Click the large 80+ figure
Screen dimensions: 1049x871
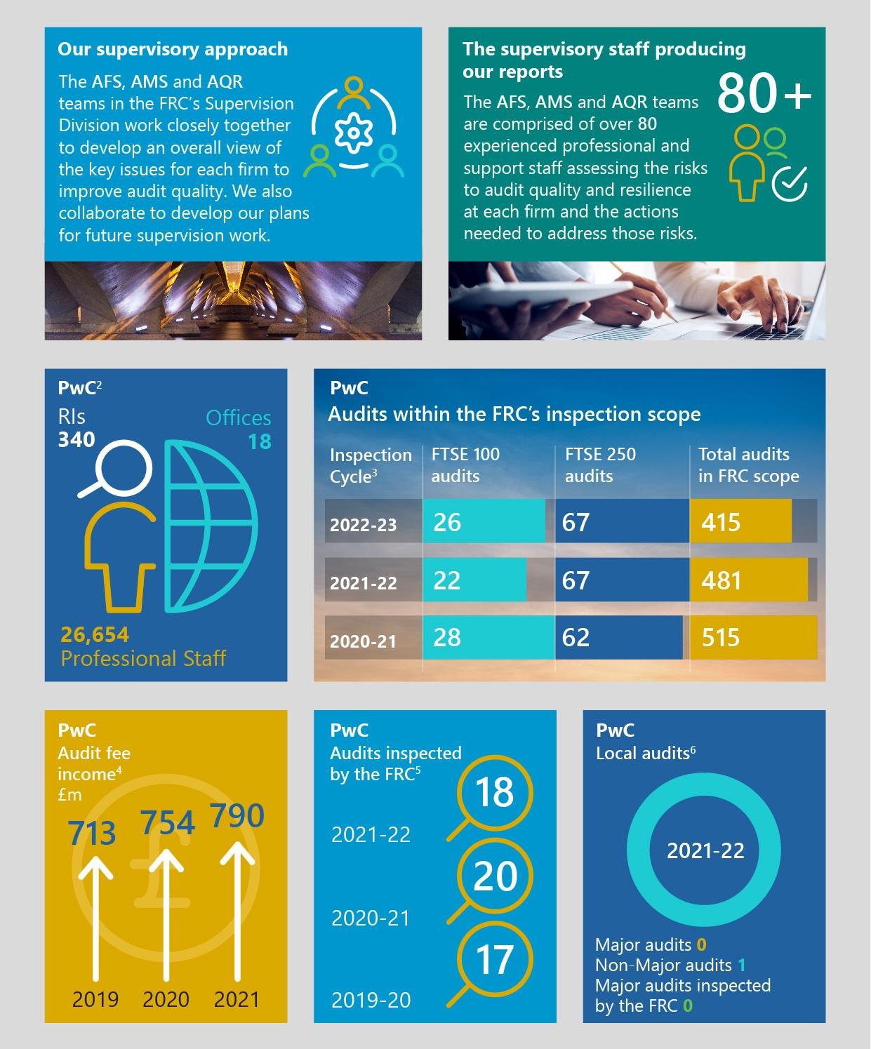point(764,93)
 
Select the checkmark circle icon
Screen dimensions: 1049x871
point(790,184)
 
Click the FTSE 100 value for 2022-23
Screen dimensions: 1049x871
point(447,522)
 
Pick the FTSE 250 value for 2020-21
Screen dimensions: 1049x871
point(576,637)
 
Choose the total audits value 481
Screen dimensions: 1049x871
point(721,580)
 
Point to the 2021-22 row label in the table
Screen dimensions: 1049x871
point(363,582)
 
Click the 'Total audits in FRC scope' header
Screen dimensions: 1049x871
point(748,465)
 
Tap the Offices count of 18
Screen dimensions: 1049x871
point(260,441)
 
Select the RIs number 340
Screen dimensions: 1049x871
point(77,440)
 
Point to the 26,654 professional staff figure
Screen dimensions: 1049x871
point(95,634)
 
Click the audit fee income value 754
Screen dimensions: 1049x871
point(167,823)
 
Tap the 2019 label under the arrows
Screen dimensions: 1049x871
point(95,999)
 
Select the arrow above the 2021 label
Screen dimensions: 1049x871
point(237,912)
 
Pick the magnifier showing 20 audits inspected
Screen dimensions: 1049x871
point(494,877)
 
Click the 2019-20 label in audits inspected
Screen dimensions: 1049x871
point(371,1000)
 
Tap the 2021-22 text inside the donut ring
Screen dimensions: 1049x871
point(705,850)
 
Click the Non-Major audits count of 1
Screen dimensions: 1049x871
point(742,965)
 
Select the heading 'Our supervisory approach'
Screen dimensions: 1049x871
point(173,49)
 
